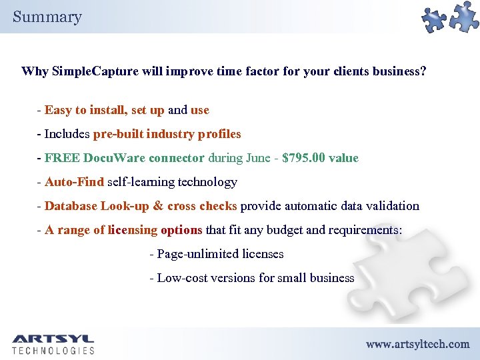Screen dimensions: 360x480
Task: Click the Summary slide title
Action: click(47, 17)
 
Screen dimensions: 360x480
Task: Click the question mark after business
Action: click(423, 71)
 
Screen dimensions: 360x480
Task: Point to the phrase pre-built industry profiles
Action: click(167, 134)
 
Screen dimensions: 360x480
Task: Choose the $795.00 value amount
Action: click(321, 158)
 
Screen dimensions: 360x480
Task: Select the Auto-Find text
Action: click(74, 182)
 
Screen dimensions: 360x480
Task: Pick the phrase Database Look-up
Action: click(97, 206)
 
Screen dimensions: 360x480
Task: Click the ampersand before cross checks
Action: click(159, 206)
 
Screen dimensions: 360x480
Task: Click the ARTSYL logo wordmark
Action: click(53, 339)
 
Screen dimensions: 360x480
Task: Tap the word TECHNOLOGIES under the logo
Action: click(53, 350)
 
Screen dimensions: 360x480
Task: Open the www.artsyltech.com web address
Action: click(417, 344)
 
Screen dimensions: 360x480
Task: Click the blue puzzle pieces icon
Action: click(451, 19)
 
